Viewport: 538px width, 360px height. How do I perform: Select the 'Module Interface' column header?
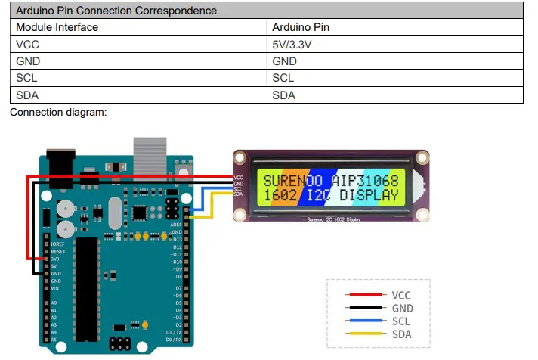pos(57,27)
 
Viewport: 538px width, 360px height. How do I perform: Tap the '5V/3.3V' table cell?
pos(292,45)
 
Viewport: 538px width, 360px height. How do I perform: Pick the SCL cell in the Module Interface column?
pos(26,78)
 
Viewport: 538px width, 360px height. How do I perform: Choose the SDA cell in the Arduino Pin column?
pos(284,95)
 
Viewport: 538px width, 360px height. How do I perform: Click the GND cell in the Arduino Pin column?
pos(285,61)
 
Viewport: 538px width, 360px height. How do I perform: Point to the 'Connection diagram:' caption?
pos(58,112)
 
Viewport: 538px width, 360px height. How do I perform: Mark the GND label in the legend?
pos(402,309)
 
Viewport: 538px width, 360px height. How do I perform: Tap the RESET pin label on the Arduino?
pos(58,252)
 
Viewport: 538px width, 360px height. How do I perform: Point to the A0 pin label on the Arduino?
pos(53,303)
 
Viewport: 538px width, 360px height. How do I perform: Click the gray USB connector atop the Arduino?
pos(149,155)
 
